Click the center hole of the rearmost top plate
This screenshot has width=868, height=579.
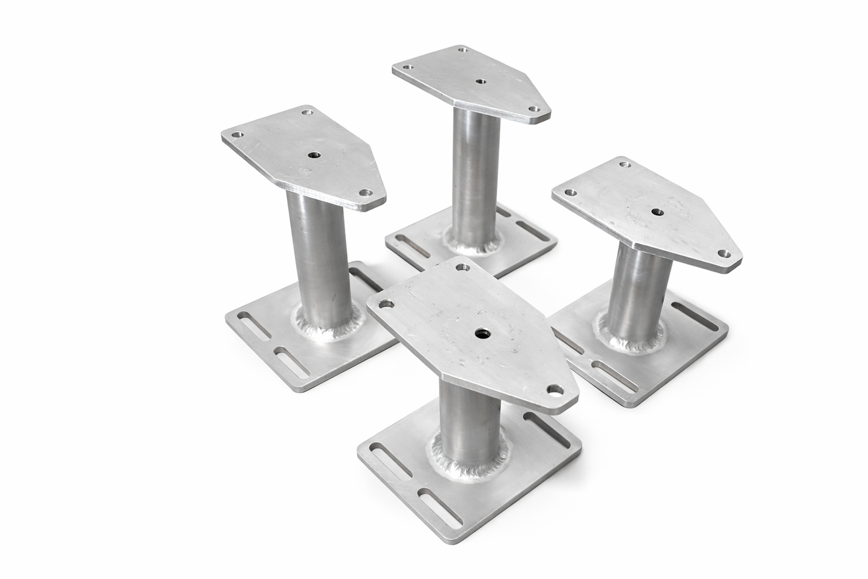pyautogui.click(x=479, y=81)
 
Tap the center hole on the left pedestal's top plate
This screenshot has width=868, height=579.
pyautogui.click(x=314, y=155)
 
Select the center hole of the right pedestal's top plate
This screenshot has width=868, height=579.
pyautogui.click(x=656, y=212)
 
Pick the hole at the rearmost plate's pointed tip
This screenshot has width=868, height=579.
pyautogui.click(x=533, y=109)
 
